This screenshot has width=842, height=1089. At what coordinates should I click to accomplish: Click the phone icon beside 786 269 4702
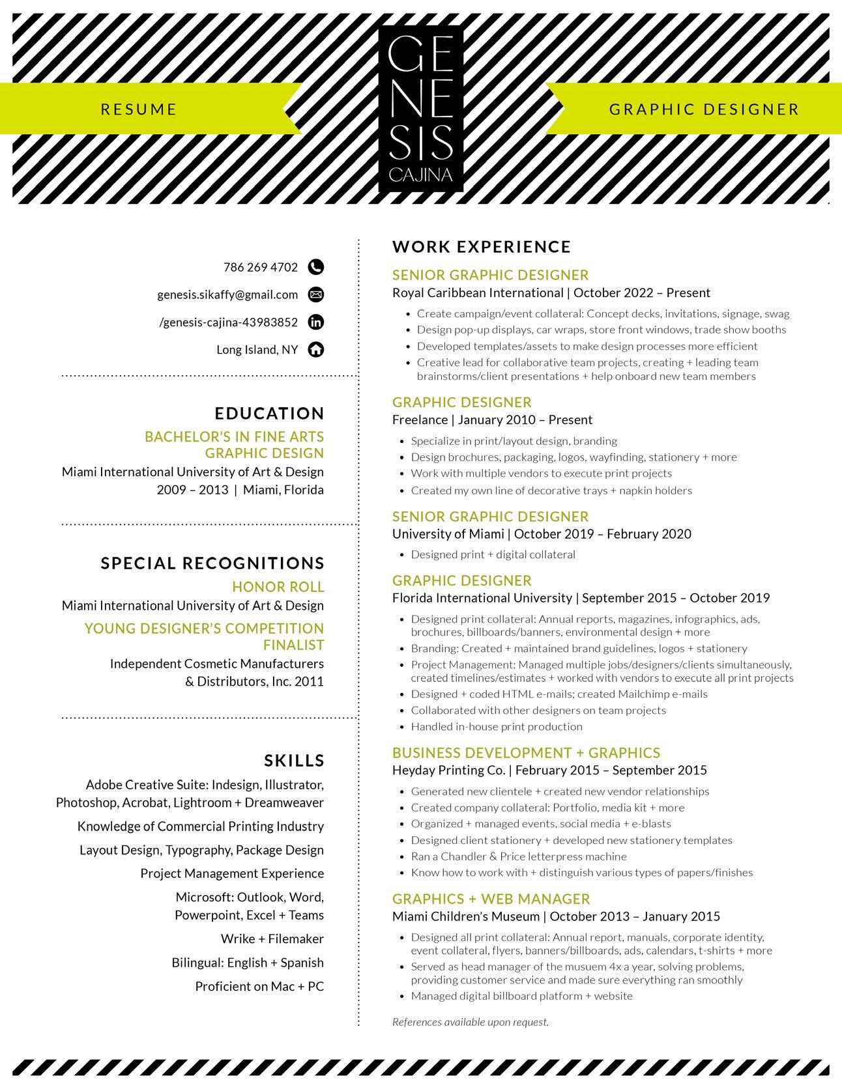tap(315, 267)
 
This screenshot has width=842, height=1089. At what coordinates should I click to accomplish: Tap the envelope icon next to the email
tap(315, 294)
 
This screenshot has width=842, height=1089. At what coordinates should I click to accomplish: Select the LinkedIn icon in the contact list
tap(315, 322)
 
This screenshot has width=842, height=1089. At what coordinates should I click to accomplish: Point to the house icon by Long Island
tap(315, 350)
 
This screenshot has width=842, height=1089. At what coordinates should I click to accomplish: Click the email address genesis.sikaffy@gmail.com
tap(227, 294)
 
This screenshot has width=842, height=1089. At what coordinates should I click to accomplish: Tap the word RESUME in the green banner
tap(139, 109)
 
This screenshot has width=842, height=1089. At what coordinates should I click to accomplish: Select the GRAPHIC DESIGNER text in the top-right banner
tap(704, 109)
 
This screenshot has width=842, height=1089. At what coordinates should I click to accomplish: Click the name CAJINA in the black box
tap(420, 175)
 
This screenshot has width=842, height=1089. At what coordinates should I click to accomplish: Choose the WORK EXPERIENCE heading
tap(482, 247)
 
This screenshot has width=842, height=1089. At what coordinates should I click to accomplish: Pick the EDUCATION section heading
tap(269, 414)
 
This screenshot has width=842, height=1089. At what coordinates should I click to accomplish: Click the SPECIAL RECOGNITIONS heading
tap(212, 563)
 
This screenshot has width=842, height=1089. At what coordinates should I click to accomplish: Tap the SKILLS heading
tap(294, 761)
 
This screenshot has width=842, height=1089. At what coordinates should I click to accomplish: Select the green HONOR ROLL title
tap(278, 587)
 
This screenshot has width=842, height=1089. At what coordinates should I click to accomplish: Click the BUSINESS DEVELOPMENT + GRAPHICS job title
tap(526, 753)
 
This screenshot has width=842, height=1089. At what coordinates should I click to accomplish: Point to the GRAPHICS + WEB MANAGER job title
tap(491, 899)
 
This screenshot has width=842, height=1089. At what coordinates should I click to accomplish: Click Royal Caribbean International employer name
tap(478, 293)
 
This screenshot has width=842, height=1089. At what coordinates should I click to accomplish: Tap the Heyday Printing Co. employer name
tap(448, 771)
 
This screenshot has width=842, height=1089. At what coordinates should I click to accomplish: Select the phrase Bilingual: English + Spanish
tap(248, 963)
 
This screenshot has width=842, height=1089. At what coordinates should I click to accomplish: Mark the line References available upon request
tap(471, 1022)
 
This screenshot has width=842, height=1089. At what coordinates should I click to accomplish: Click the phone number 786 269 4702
tap(261, 267)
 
